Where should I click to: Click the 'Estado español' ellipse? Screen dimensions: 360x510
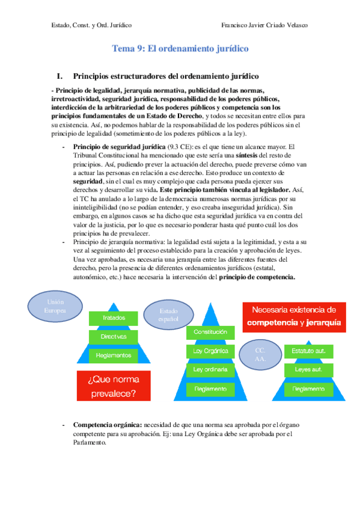coord(169,315)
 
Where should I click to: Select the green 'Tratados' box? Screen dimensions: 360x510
coord(114,317)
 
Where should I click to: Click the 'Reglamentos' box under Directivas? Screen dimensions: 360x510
coord(114,355)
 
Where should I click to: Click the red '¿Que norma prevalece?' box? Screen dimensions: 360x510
coord(113,386)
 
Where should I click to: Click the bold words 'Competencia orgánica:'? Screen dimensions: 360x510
coord(106,425)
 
